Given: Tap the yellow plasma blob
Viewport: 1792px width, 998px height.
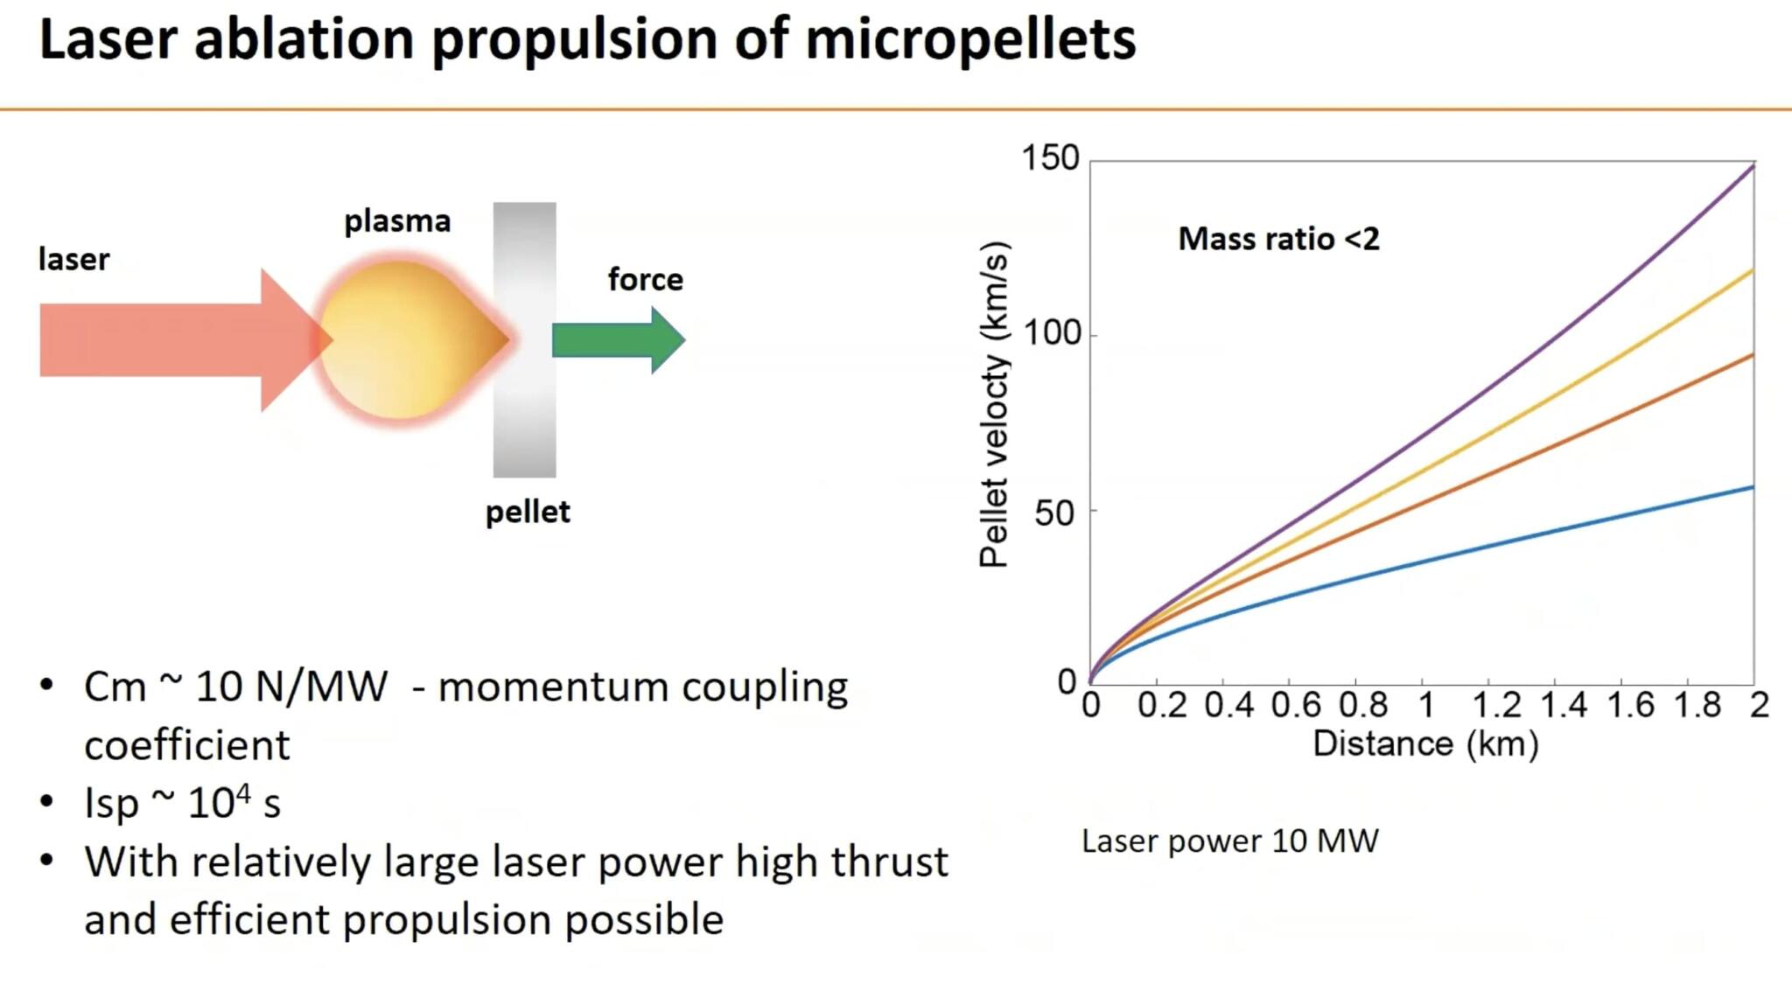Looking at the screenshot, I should pyautogui.click(x=402, y=341).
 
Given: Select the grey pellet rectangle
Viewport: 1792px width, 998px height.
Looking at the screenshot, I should pyautogui.click(x=524, y=340).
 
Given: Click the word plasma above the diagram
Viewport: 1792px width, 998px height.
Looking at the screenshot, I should pyautogui.click(x=397, y=221).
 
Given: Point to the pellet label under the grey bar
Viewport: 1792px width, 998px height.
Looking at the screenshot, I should pyautogui.click(x=528, y=512).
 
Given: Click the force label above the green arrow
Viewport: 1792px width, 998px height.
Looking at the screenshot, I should pyautogui.click(x=646, y=280).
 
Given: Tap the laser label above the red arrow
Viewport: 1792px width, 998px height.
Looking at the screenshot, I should pyautogui.click(x=74, y=260).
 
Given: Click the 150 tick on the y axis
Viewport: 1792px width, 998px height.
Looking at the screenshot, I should pyautogui.click(x=1050, y=158).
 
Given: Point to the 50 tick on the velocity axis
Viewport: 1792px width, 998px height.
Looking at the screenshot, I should pyautogui.click(x=1054, y=513).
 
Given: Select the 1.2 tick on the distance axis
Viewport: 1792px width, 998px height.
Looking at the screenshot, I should pyautogui.click(x=1496, y=705).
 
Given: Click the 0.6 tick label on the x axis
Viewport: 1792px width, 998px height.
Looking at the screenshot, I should pyautogui.click(x=1296, y=705).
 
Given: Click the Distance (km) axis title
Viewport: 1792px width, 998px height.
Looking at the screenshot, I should pyautogui.click(x=1425, y=744).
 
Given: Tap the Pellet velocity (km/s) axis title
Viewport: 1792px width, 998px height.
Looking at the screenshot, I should pyautogui.click(x=994, y=404).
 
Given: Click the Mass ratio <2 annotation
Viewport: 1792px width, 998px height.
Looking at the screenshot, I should pyautogui.click(x=1278, y=239).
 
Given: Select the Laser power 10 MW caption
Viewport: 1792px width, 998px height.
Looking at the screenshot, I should pyautogui.click(x=1229, y=841).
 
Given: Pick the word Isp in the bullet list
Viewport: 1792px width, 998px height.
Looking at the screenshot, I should pyautogui.click(x=111, y=803).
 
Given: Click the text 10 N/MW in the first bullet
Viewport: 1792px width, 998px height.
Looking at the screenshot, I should pyautogui.click(x=291, y=687).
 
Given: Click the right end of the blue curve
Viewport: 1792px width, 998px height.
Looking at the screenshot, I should pyautogui.click(x=1751, y=487).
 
